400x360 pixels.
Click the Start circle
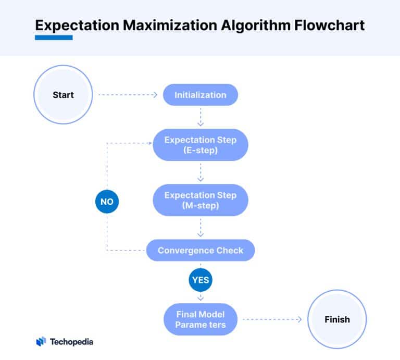click(63, 95)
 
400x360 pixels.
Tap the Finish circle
click(337, 319)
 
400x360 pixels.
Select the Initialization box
click(201, 95)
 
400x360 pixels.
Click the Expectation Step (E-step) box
click(201, 145)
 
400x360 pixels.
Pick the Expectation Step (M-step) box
click(201, 200)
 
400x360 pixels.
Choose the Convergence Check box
click(201, 250)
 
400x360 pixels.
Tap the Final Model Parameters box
click(201, 319)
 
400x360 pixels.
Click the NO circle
click(107, 202)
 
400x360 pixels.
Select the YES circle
click(201, 280)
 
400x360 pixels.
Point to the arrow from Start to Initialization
click(128, 95)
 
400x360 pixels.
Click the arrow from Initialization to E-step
click(201, 117)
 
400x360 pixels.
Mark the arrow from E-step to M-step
click(201, 172)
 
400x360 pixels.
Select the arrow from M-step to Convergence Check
click(201, 228)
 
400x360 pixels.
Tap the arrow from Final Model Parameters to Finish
click(272, 319)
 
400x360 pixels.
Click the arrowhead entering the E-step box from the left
click(151, 143)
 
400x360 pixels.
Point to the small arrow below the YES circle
click(201, 297)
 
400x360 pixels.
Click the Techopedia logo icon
click(41, 341)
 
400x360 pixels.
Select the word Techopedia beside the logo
click(71, 342)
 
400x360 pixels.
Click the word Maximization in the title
click(170, 25)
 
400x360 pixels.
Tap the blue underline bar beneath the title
click(54, 38)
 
